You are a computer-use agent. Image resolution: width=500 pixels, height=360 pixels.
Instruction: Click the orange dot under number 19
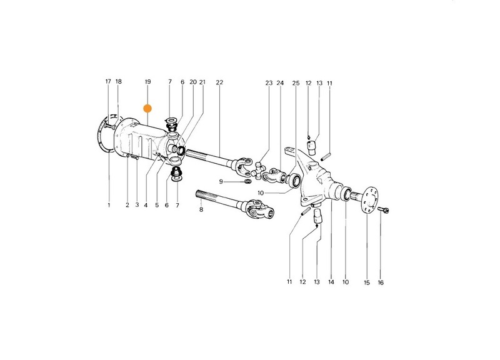point(147,108)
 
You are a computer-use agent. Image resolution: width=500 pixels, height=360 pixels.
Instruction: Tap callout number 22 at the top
point(219,82)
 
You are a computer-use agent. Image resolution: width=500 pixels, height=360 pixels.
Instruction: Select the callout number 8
point(201,209)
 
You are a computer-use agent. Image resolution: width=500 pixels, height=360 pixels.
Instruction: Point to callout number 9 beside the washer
point(221,182)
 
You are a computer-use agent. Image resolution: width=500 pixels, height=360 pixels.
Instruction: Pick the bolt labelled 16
point(383,210)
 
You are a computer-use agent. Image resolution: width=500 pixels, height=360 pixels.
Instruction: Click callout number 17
point(108,81)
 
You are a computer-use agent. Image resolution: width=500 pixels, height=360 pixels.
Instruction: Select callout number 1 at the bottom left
point(109,205)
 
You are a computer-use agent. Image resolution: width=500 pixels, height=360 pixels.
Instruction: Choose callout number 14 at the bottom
point(331,282)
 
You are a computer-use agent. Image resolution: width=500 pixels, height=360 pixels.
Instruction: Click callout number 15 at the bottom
point(367,282)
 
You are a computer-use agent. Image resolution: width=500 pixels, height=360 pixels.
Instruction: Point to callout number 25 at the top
point(296,83)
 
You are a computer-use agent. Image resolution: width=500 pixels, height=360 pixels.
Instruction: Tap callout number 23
point(269,83)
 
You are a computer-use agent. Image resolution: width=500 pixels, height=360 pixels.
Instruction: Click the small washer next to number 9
point(247,182)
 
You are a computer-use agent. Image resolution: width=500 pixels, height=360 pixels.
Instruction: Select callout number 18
point(119,81)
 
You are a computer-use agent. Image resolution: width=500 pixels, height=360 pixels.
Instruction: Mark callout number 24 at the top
point(280,83)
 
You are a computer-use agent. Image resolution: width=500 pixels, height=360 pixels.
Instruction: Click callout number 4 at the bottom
point(146,205)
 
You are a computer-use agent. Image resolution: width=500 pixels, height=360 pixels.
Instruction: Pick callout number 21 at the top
point(202,82)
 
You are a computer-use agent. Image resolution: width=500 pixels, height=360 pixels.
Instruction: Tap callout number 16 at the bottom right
point(381,282)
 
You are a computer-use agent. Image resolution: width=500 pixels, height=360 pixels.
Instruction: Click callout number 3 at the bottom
point(137,205)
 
